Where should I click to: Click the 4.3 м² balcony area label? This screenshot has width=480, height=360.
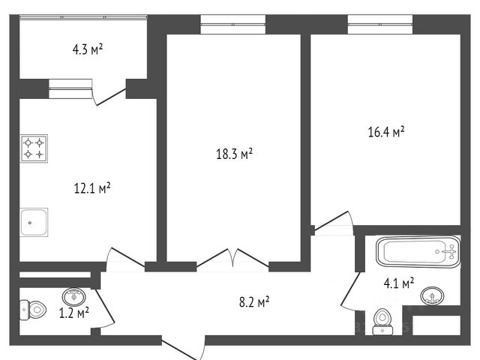[87, 49]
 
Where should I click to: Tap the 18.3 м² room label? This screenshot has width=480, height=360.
[234, 154]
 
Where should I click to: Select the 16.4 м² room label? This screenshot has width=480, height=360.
[386, 132]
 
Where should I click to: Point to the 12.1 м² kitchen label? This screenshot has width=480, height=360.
[92, 188]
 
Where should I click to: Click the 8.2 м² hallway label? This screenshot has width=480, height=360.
[254, 302]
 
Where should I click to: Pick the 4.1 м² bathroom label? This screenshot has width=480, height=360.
[399, 283]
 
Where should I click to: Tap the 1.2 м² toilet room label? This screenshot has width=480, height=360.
[74, 313]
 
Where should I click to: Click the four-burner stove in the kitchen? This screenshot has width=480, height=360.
[34, 148]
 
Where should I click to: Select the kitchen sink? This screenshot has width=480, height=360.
[34, 222]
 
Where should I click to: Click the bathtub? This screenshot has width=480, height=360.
[418, 252]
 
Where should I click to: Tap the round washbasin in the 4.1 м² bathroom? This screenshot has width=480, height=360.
[432, 296]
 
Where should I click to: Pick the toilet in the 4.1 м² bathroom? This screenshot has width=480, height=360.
[382, 322]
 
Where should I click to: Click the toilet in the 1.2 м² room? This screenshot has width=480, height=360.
[33, 310]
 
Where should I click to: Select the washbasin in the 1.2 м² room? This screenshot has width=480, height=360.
[73, 296]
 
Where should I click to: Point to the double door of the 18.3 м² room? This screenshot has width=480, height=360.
[232, 258]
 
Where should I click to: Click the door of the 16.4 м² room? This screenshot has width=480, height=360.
[334, 220]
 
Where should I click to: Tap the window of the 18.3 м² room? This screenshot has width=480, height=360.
[232, 24]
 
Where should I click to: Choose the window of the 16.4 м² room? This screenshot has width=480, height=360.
[380, 24]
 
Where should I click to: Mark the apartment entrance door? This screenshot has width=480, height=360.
[183, 347]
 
